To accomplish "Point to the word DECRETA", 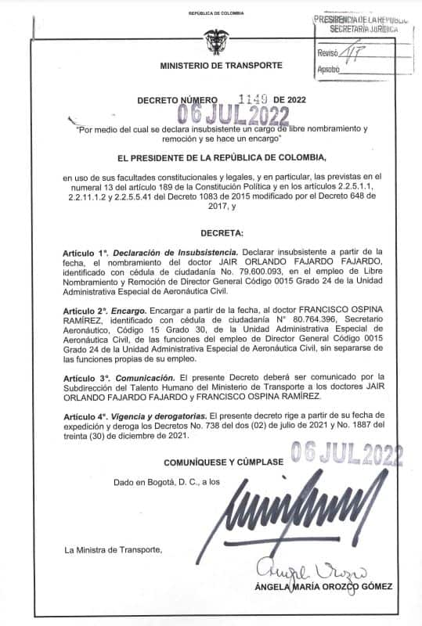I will tap(211, 234).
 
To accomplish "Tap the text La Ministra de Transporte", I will tap(114, 550).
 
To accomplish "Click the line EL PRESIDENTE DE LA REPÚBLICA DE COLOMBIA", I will tap(211, 157).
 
